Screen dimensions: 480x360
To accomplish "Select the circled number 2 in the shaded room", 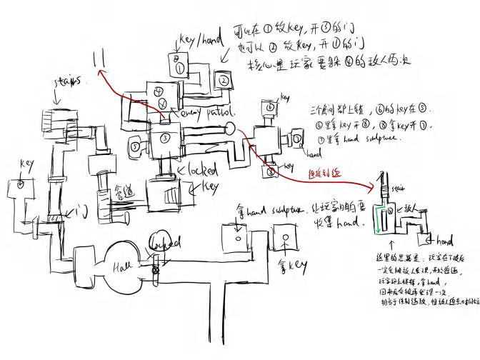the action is (223, 80).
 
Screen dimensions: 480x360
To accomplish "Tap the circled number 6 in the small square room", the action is (270, 107).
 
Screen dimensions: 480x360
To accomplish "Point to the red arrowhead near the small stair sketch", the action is (372, 185).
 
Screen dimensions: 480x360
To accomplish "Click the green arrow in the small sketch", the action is (376, 214).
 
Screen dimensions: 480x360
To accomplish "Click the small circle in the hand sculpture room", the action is (236, 230).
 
